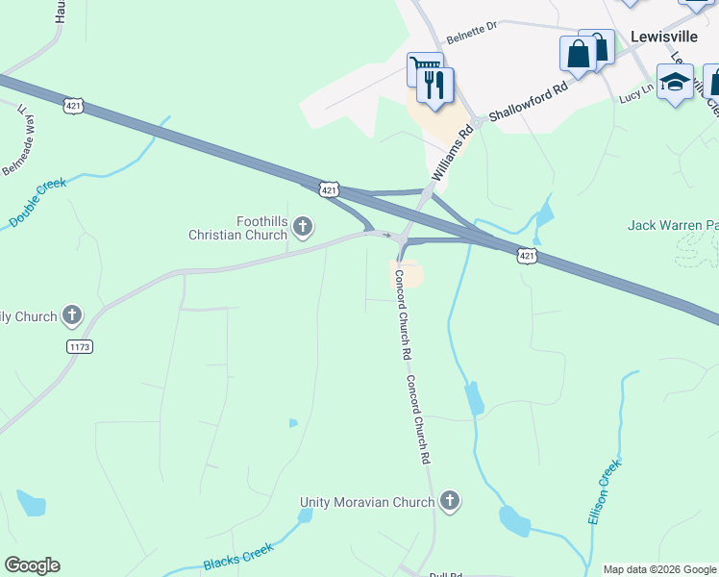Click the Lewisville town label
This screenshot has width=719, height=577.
(662, 36)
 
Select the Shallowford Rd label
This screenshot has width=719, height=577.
(529, 101)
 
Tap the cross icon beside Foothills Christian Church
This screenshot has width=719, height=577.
(303, 227)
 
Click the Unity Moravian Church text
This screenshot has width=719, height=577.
(367, 502)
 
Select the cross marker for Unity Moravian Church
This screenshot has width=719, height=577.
(449, 501)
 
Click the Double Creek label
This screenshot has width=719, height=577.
(38, 202)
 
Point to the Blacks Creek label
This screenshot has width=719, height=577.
(238, 557)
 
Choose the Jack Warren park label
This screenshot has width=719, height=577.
(672, 225)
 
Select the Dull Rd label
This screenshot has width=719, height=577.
(446, 574)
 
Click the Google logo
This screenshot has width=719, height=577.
(32, 565)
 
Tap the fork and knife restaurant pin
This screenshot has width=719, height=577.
(436, 85)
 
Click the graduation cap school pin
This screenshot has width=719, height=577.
(676, 82)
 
